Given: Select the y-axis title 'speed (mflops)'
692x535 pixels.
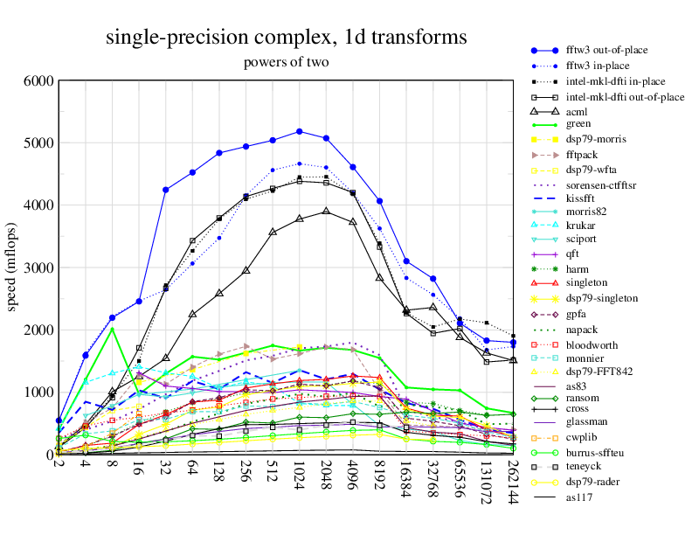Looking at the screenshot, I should pos(13,267).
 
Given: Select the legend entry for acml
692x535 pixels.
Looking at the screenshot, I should pos(577,112).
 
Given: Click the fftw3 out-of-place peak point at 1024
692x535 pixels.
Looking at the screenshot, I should pos(300,131).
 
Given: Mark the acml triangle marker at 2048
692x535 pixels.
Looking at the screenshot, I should pos(326,211).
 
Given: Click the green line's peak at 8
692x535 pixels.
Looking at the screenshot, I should pos(113,329).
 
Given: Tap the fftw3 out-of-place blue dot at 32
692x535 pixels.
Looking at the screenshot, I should pos(166,190).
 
